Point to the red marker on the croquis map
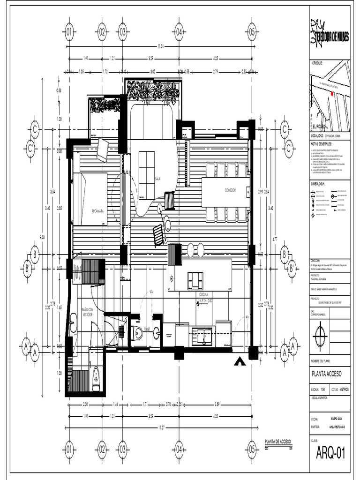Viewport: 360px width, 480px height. [x=332, y=94]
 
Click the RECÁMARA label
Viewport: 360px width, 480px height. [x=97, y=211]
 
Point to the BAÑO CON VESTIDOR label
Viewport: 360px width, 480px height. [x=88, y=312]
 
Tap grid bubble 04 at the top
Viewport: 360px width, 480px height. [x=179, y=32]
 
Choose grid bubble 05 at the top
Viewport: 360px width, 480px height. [x=251, y=32]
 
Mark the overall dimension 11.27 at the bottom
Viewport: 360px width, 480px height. [x=162, y=427]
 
